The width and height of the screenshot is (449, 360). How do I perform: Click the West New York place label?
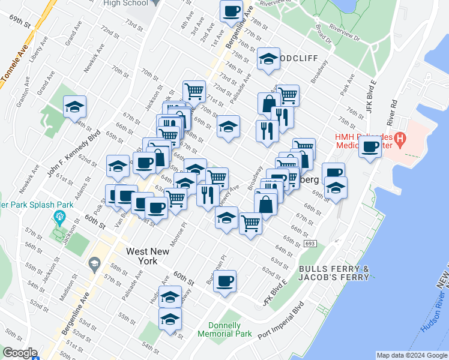pyautogui.click(x=141, y=256)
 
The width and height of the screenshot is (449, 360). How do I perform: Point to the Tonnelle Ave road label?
pyautogui.click(x=18, y=61)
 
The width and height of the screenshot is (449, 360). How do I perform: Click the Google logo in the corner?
pyautogui.click(x=19, y=353)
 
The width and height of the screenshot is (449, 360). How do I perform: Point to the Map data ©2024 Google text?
pyautogui.click(x=412, y=355)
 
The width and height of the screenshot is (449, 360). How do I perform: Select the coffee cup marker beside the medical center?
pyautogui.click(x=370, y=146)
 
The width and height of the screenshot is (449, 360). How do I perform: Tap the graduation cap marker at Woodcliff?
pyautogui.click(x=268, y=59)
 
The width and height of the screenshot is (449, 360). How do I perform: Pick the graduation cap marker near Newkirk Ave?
pyautogui.click(x=74, y=107)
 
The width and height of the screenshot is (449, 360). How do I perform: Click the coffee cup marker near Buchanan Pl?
pyautogui.click(x=225, y=281)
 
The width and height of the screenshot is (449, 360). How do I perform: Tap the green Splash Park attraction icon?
pyautogui.click(x=59, y=217)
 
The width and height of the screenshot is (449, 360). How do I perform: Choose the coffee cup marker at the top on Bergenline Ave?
pyautogui.click(x=231, y=10)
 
